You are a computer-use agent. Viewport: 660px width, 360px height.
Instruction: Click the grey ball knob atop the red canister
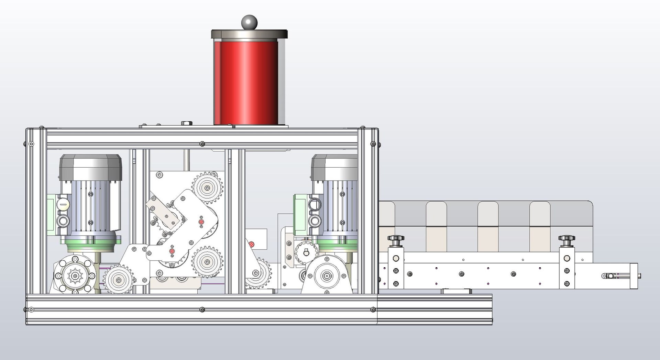click(249, 22)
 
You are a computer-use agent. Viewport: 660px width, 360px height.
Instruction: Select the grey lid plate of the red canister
click(249, 34)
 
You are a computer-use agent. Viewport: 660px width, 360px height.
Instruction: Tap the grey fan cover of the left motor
click(90, 167)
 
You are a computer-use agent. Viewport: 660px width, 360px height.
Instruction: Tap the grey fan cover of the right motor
click(334, 167)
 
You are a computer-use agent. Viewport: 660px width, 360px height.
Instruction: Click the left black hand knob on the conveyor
click(396, 238)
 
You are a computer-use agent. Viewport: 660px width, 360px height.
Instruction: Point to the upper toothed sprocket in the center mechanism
click(207, 188)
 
